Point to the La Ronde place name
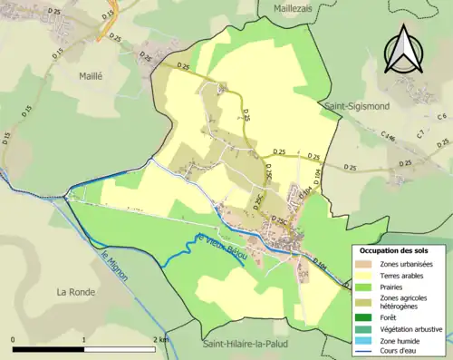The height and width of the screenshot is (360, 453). [76, 292]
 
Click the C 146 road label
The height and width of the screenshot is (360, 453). [389, 138]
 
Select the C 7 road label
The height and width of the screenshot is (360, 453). [420, 134]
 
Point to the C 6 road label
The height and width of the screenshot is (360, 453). [441, 117]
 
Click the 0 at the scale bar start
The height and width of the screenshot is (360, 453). [14, 339]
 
